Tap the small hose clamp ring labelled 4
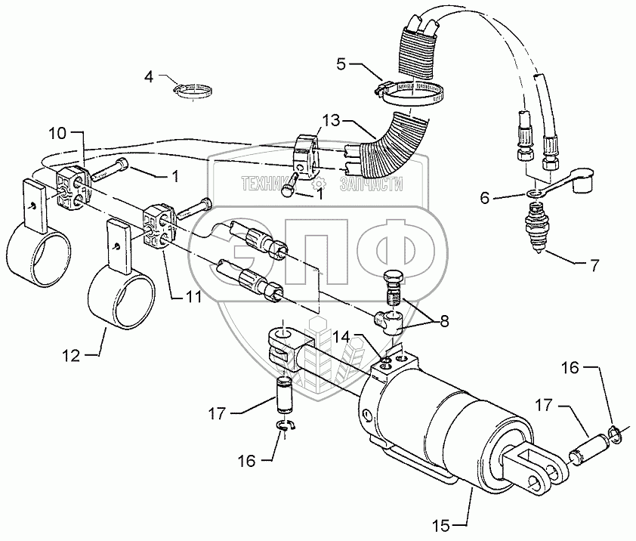click(192, 91)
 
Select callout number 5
click(342, 63)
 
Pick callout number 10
click(57, 134)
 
